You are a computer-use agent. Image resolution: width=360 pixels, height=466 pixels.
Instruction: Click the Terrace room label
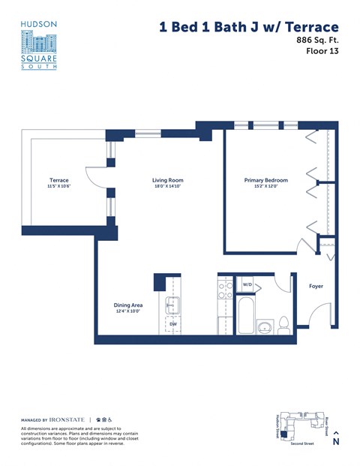coord(58,180)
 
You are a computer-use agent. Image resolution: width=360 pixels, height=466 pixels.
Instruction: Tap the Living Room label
coord(167,180)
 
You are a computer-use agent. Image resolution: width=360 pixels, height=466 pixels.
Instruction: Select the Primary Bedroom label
coord(266,180)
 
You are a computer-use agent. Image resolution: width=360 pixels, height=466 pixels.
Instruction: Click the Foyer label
coord(316,286)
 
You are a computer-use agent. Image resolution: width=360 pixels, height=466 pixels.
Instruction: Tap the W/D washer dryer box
coord(247,285)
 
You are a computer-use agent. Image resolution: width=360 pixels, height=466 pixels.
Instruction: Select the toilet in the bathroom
coord(283,324)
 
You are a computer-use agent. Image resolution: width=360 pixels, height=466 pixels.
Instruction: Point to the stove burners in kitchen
coord(223,288)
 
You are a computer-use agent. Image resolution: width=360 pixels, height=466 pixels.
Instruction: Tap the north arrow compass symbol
coord(335,437)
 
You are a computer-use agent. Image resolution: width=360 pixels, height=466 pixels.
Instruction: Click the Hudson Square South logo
coord(39,45)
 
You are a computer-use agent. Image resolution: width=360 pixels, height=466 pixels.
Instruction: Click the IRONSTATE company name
coord(67,419)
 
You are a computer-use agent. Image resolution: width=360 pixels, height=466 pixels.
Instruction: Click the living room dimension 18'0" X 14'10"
coord(167,187)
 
